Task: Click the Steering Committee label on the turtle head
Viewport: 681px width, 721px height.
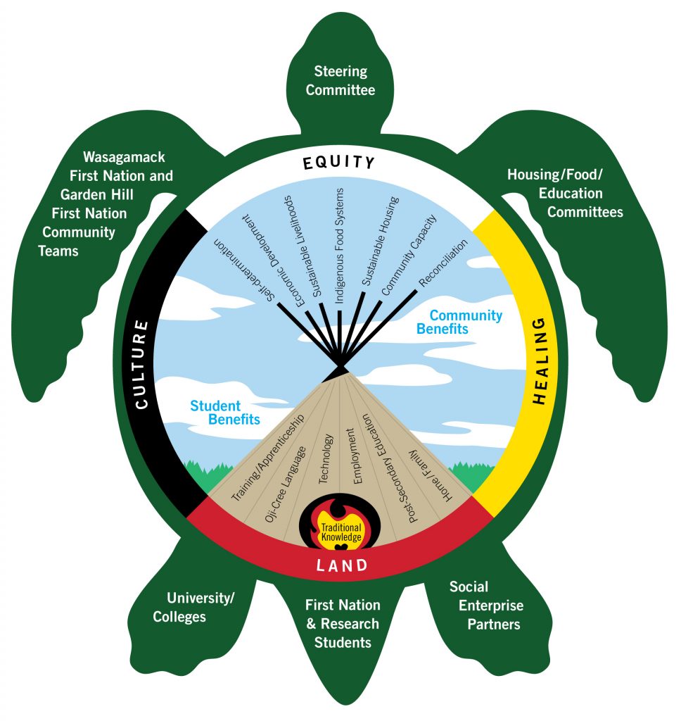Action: coord(340,80)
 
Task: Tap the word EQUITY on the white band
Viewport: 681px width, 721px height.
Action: coord(340,163)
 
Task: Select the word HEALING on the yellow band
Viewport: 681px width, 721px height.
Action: coord(539,360)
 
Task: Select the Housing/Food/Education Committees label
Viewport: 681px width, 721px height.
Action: coord(566,193)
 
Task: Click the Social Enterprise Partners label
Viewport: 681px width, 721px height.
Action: coord(486,606)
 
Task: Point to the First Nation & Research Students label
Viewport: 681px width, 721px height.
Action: coord(343,623)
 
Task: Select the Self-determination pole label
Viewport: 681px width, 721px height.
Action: coord(246,272)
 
